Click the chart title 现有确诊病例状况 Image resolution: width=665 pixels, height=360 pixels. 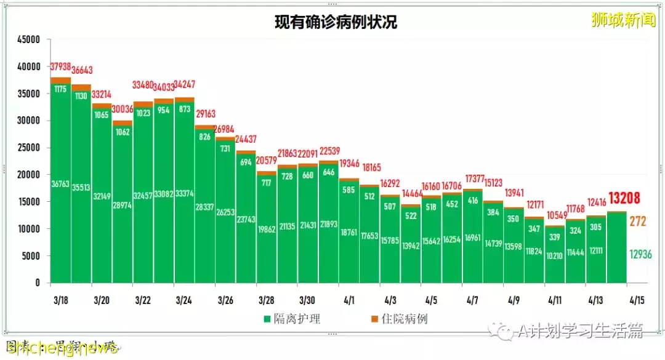(336, 23)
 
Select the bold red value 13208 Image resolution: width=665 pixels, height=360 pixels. (624, 198)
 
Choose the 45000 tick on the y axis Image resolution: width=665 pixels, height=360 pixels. (28, 40)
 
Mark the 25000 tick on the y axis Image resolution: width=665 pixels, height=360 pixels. (28, 148)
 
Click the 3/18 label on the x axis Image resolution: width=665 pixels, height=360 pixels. (60, 300)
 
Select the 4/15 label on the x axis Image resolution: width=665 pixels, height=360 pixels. (636, 300)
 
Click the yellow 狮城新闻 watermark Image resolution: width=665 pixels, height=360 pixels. (623, 20)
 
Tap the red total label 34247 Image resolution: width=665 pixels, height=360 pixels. (185, 85)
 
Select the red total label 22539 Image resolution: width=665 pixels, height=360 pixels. (328, 151)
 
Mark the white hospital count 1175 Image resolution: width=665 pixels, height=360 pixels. (60, 90)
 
